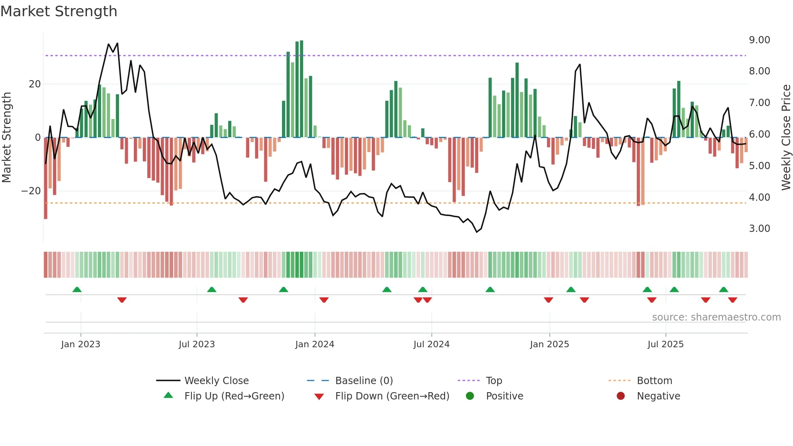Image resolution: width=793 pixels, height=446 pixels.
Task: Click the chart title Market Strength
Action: tap(59, 11)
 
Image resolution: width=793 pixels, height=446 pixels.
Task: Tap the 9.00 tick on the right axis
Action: tap(759, 40)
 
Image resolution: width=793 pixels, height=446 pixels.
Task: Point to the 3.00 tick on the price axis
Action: tap(759, 229)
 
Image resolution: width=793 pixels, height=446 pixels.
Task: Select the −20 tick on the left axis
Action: tap(31, 191)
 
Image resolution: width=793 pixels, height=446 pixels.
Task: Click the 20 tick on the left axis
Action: tap(35, 84)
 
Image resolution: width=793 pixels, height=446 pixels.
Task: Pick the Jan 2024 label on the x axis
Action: tap(314, 344)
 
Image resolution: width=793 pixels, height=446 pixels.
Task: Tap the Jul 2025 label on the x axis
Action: tap(665, 344)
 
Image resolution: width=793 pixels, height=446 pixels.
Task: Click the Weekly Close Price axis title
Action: tap(786, 138)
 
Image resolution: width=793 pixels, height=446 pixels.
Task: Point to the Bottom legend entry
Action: tap(654, 381)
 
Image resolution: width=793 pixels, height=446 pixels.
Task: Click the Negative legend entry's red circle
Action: tap(621, 396)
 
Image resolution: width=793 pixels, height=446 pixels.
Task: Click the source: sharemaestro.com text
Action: tap(716, 317)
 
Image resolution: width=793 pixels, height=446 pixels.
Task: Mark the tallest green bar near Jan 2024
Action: tap(301, 89)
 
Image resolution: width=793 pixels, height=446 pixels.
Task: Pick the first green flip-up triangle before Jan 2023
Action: tap(77, 289)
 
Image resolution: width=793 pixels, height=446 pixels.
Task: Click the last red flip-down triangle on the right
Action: tap(732, 300)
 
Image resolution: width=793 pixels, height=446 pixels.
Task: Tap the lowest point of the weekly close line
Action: tap(477, 232)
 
